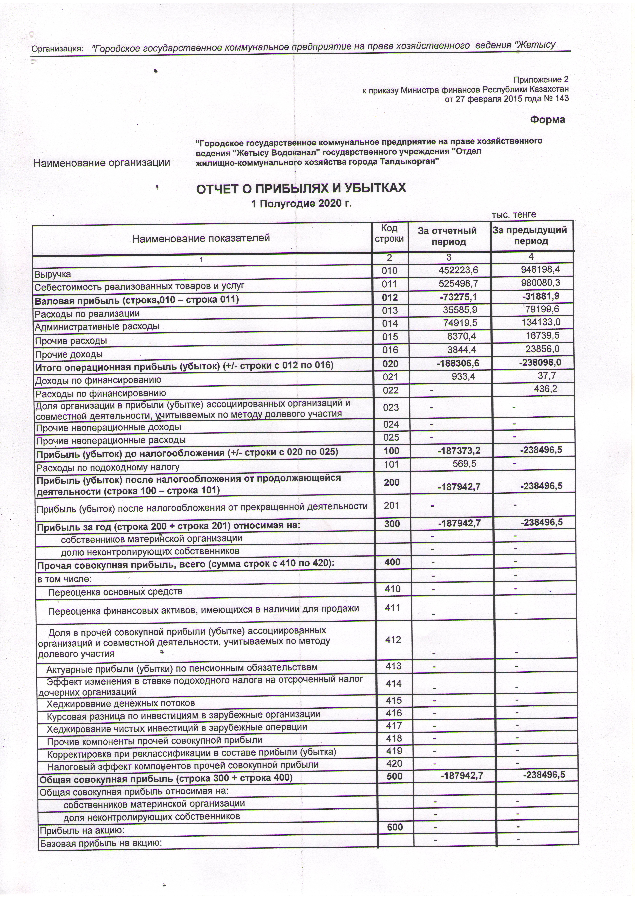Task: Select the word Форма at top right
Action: (x=547, y=120)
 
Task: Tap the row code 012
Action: (x=389, y=298)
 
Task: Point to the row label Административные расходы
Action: (x=97, y=326)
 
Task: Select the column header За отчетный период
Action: (x=448, y=236)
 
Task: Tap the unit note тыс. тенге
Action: (x=513, y=215)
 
